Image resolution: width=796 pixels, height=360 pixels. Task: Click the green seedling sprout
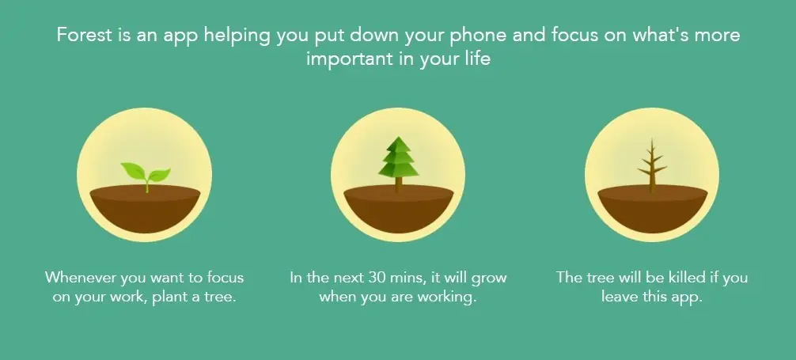coord(146,176)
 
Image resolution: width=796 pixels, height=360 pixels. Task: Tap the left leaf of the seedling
coord(132,171)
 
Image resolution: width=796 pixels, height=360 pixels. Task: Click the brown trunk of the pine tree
coord(399,184)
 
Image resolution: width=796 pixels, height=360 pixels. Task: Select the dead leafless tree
coord(652,165)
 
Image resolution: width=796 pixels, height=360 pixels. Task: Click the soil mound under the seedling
coord(145,209)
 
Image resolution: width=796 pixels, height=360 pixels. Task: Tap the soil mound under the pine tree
coord(399,209)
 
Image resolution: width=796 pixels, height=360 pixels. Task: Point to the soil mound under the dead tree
coord(653,209)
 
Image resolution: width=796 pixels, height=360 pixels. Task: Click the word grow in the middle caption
coord(489,279)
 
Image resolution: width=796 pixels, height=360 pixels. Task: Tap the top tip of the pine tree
coord(399,137)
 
